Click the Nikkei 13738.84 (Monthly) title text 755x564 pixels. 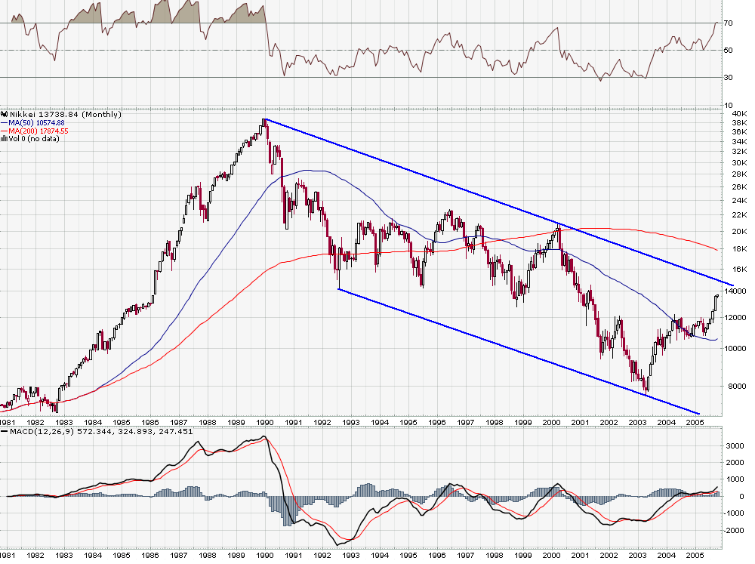coord(63,114)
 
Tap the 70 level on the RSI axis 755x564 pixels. coord(728,23)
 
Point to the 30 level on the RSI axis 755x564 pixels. coord(728,78)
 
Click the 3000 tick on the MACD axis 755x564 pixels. coord(733,446)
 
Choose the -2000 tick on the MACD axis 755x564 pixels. coord(732,531)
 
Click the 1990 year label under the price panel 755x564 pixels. coord(264,422)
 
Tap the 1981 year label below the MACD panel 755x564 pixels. coord(8,556)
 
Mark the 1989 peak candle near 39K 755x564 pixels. coord(265,122)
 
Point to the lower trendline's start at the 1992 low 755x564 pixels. coord(339,288)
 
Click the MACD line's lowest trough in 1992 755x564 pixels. coord(339,544)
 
